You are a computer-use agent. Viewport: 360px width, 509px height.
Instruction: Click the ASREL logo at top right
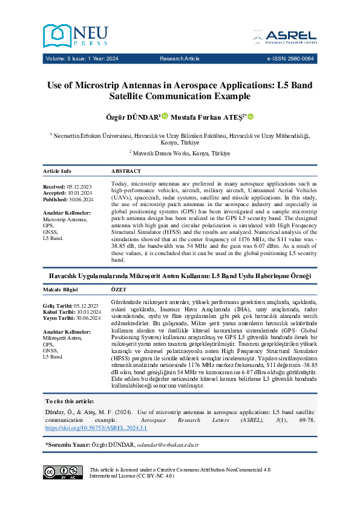point(290,36)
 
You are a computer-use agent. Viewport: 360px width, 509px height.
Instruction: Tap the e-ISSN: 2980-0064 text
point(290,59)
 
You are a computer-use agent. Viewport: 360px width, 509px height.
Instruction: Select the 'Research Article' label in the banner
point(180,59)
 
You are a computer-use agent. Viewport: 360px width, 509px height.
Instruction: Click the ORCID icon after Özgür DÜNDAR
point(165,116)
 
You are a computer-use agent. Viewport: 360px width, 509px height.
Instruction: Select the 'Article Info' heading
point(57,171)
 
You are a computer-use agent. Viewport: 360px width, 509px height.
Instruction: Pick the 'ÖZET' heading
point(120,290)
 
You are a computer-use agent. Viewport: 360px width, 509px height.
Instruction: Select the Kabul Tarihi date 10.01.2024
point(89,312)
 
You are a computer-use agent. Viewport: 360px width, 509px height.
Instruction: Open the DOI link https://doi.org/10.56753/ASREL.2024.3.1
point(96,427)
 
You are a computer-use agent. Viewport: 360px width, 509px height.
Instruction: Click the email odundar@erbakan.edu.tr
point(169,444)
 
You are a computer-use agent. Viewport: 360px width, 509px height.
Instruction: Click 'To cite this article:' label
point(70,401)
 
